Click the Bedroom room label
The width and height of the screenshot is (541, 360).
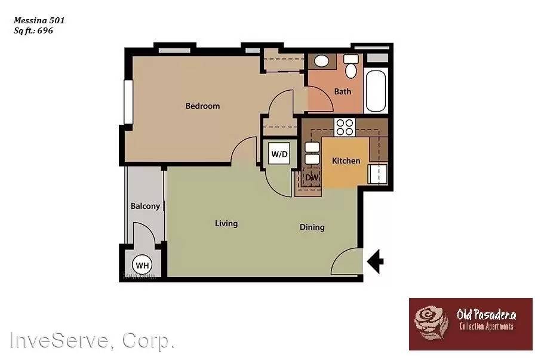pos(202,106)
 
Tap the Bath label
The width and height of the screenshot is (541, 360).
pos(343,92)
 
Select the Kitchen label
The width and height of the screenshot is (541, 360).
pos(346,161)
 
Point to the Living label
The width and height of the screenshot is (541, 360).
pos(226,224)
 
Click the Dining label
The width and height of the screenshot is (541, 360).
pos(312,227)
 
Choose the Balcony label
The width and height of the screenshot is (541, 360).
pos(145,207)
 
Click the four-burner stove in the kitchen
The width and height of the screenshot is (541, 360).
pos(344,127)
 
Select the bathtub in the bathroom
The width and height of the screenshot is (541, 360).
pos(376,90)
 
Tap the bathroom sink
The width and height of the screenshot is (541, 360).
pos(321,61)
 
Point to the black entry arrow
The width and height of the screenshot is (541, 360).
pos(375,261)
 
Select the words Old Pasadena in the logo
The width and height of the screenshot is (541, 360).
pos(486,315)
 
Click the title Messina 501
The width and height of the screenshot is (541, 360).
pos(39,20)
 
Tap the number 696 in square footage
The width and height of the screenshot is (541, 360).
pos(45,30)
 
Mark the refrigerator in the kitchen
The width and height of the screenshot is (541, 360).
pos(377,174)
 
